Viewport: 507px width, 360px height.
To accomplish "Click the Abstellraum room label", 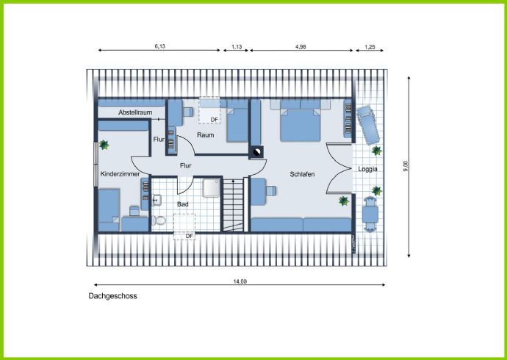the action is (x=135, y=112).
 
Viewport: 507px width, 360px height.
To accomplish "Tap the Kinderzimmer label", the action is (x=120, y=174).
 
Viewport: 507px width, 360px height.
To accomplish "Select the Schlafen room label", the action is (x=302, y=174).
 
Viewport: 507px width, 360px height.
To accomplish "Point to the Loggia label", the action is (x=367, y=169).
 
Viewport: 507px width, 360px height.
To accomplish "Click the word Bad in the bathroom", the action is (x=183, y=204).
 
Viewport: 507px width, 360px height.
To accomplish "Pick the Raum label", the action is (x=205, y=135).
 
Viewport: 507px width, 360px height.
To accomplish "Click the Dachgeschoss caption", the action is (x=113, y=296).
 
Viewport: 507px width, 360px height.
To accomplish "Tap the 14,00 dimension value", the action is (x=240, y=281).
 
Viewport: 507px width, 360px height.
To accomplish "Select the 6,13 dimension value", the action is (x=159, y=46).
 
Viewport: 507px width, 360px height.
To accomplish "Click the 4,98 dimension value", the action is (x=301, y=46).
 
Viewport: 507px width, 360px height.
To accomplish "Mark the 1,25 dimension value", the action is (x=370, y=47).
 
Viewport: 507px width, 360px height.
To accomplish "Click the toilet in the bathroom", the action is (x=159, y=220).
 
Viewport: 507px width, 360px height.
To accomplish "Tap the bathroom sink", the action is (x=157, y=200).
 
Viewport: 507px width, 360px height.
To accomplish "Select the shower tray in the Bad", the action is (x=212, y=188).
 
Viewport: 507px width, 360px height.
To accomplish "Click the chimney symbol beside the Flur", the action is (x=256, y=152).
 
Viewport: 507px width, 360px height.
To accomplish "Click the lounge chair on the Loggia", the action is (x=367, y=126).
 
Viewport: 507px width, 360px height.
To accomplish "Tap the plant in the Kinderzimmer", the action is (x=104, y=145).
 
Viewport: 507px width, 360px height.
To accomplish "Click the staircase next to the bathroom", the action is (x=233, y=205).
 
